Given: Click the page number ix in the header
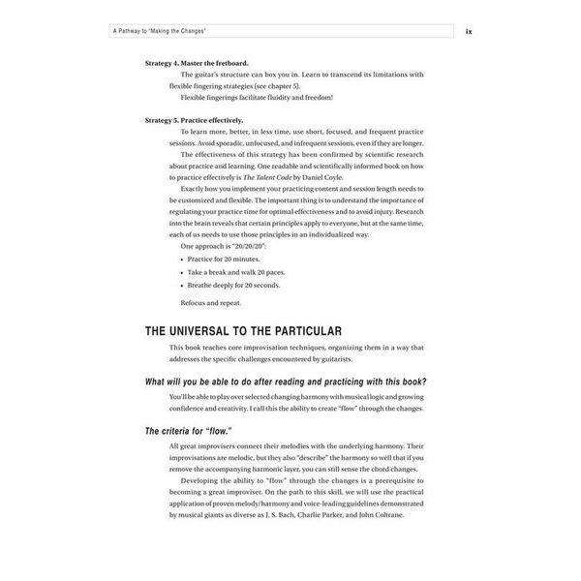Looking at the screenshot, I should pyautogui.click(x=468, y=31).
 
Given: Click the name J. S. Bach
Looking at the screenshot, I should pyautogui.click(x=284, y=514).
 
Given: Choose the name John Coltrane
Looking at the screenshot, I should pyautogui.click(x=404, y=514).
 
